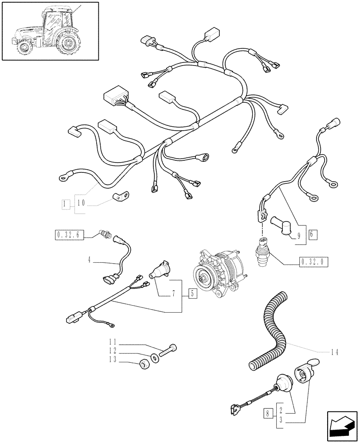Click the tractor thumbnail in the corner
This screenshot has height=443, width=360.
click(49, 31)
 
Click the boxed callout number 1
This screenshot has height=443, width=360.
click(66, 204)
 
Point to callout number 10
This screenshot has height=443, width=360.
click(81, 204)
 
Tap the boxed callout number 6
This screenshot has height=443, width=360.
click(312, 235)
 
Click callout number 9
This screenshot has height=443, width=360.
click(299, 236)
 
